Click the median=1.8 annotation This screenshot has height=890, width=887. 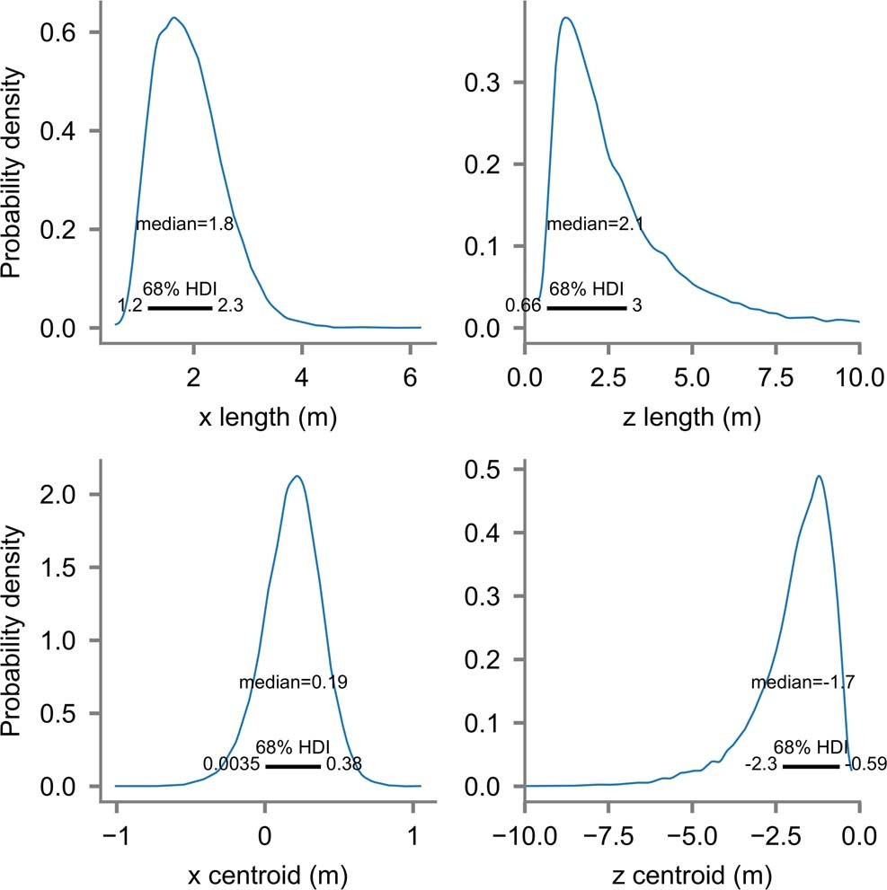click(184, 225)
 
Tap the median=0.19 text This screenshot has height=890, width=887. click(293, 683)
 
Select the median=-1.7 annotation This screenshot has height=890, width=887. click(802, 683)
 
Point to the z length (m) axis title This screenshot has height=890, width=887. click(690, 418)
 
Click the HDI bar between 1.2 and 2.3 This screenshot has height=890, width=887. click(180, 308)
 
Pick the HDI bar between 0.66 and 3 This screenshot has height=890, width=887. click(586, 308)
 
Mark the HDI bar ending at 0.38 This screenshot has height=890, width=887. click(293, 767)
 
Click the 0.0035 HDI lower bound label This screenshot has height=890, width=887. click(231, 765)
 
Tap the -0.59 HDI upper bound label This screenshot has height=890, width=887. click(865, 765)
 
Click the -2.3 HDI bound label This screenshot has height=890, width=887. click(760, 765)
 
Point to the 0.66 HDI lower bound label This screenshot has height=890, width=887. click(522, 306)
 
